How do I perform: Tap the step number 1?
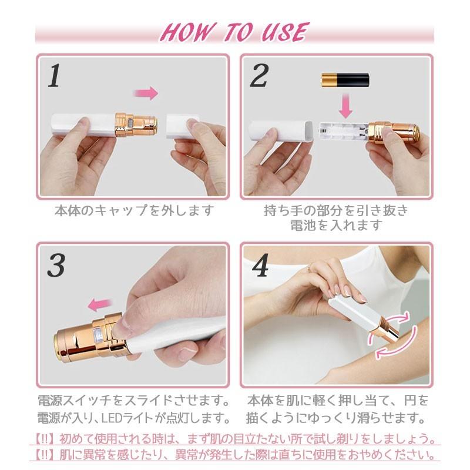54,75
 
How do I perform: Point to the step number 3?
56,266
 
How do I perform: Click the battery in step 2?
345,80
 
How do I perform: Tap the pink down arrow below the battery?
345,106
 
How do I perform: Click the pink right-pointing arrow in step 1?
145,93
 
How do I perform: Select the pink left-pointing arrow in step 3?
100,305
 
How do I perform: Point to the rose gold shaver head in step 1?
136,124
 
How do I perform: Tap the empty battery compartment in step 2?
344,132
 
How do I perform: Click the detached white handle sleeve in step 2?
281,130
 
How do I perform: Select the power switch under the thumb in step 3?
98,334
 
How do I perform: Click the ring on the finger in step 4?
308,269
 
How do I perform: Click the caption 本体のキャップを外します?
135,211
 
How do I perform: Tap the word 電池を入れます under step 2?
335,225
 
